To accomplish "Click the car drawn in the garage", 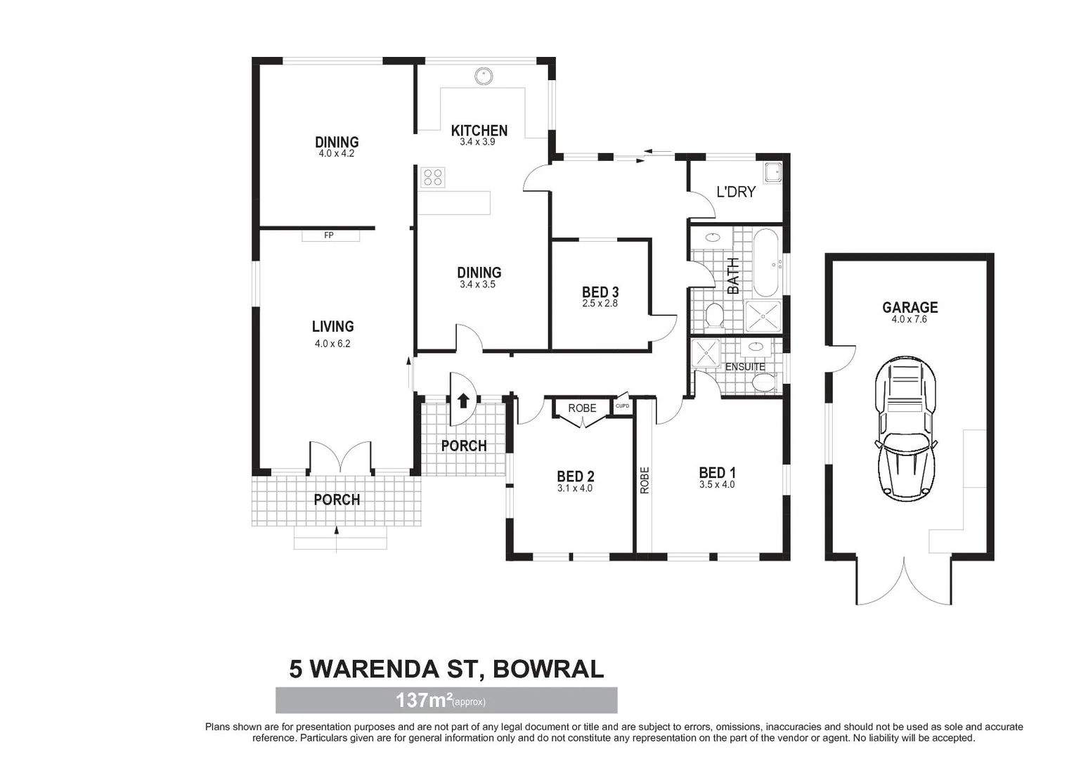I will [x=905, y=429].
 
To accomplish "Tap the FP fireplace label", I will [x=328, y=235].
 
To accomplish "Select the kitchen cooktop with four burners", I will [x=432, y=177].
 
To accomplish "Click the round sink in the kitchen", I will [x=483, y=75].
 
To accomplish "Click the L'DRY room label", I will [x=736, y=192].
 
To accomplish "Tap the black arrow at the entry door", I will [x=463, y=401].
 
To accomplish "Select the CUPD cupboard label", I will [x=622, y=406].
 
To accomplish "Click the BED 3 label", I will [x=600, y=292].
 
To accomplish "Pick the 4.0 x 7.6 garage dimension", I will [x=910, y=319].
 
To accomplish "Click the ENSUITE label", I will [x=745, y=367].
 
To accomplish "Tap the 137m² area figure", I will [x=423, y=700].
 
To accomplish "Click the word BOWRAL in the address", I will [x=548, y=669].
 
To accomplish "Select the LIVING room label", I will [x=332, y=327].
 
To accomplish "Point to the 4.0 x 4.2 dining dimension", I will [x=336, y=153].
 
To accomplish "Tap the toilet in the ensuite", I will [x=763, y=382].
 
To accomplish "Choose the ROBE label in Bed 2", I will [x=582, y=408].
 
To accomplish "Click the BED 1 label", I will [x=717, y=473].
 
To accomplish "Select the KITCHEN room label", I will [x=479, y=131].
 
